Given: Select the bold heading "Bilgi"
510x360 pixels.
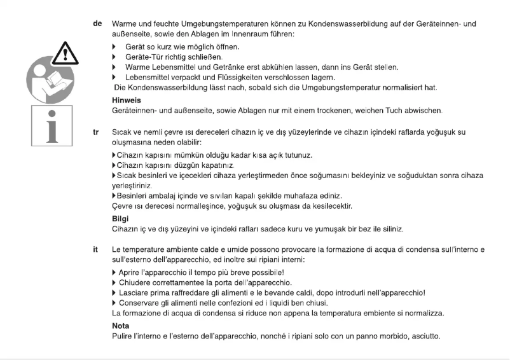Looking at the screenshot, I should pos(118,218).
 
